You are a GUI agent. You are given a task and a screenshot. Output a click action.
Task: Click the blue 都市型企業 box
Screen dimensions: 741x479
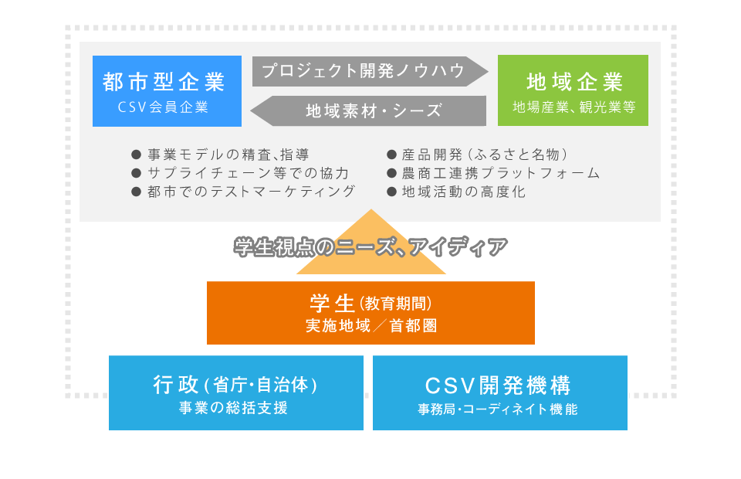coord(167,91)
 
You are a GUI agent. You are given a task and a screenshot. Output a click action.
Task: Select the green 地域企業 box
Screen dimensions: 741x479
coord(573,90)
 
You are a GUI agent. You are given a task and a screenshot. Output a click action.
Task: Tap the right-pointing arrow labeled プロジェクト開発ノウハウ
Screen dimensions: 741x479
coord(370,71)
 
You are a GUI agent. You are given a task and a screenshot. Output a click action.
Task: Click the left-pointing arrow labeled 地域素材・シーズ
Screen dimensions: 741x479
coord(368,111)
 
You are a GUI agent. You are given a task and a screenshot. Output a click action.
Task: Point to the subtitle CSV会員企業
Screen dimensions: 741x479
coord(163,107)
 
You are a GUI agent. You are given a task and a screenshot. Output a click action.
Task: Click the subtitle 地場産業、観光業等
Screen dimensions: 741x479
coord(574,107)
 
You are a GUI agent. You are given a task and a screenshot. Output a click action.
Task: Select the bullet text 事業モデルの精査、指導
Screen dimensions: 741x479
coord(228,155)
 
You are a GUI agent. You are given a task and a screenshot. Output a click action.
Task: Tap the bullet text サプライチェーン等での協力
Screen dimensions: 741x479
coord(248,173)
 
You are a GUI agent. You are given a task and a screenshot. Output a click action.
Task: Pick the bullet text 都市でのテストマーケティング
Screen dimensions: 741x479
coord(251,192)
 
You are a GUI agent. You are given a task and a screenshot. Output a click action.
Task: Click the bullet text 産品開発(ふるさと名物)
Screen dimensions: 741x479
coord(486,155)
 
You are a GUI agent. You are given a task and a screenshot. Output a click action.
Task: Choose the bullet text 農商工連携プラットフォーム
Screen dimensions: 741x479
coord(501,173)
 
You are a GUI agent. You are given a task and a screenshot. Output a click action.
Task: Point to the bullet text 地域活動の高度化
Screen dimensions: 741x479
coord(464,192)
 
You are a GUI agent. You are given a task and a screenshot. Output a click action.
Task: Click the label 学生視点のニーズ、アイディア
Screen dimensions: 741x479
coord(370,246)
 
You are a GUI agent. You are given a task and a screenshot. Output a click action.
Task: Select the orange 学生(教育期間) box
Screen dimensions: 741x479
coord(370,313)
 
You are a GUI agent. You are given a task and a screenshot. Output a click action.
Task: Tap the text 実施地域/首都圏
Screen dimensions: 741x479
coord(371,326)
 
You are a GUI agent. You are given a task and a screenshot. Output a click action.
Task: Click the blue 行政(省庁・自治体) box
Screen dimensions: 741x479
coord(236,393)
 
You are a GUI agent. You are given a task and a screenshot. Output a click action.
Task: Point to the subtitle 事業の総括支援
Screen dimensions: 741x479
coord(233,408)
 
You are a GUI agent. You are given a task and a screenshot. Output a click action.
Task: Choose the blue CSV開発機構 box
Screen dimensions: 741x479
coord(500,393)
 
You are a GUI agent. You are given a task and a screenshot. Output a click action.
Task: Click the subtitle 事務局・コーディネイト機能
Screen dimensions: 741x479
coord(498,409)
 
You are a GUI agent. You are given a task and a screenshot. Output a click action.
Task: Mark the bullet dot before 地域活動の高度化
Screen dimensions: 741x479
coord(391,192)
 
